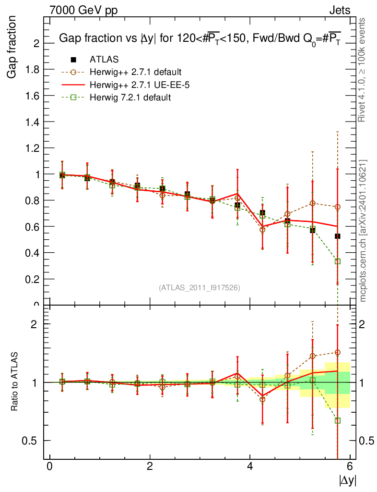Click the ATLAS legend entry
point(104,60)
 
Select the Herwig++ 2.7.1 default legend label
point(135,72)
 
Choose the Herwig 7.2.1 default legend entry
point(130,97)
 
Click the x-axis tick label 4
point(250,466)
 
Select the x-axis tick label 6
point(350,466)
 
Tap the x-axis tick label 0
point(49,466)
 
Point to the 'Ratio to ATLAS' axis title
point(14,382)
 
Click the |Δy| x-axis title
point(348,480)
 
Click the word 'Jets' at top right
point(340,10)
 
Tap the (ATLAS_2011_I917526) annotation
point(200,287)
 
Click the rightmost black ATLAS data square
point(338,236)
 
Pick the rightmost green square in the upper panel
point(338,261)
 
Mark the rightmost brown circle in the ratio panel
point(338,352)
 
